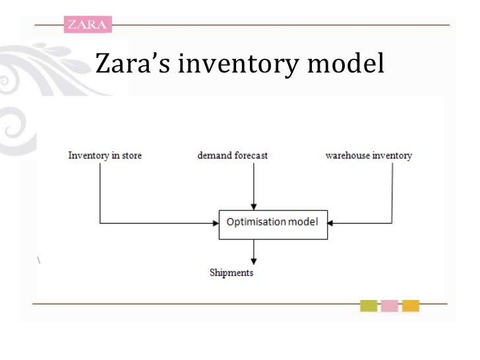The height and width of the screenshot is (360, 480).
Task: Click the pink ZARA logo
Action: [x=87, y=24]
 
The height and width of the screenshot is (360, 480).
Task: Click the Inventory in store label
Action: [x=105, y=156]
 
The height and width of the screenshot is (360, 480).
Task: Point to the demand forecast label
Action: [x=233, y=156]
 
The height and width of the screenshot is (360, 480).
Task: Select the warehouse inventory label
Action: [x=369, y=156]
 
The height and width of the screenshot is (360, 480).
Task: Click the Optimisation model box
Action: [x=272, y=222]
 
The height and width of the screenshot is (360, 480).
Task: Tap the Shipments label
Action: [x=231, y=272]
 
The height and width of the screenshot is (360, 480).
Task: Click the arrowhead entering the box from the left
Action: [x=215, y=222]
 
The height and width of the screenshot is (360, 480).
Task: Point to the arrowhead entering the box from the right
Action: [x=330, y=222]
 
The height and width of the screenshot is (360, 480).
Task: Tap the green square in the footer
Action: [x=369, y=306]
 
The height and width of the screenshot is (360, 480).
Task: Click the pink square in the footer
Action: [x=390, y=306]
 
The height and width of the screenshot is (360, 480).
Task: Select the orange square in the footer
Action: [x=411, y=306]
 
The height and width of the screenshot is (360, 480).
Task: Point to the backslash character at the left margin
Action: [x=40, y=257]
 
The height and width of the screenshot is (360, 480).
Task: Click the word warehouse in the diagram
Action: [x=349, y=156]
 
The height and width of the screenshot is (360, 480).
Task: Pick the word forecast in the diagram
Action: [x=250, y=156]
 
